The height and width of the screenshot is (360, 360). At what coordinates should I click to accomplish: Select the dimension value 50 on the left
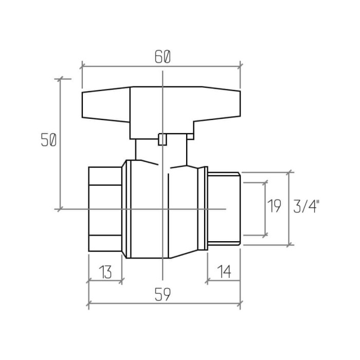click(48, 140)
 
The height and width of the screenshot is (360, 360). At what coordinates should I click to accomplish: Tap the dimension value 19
click(274, 206)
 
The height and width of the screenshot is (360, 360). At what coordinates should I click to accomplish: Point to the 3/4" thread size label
click(307, 206)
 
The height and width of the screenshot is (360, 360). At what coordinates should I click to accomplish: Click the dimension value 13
click(105, 272)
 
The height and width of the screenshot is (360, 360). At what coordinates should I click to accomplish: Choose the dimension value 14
click(224, 272)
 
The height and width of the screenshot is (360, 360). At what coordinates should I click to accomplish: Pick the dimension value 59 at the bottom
click(163, 294)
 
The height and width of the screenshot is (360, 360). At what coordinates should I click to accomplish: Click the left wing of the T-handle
click(106, 104)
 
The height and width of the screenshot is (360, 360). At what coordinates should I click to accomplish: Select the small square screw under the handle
click(163, 139)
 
